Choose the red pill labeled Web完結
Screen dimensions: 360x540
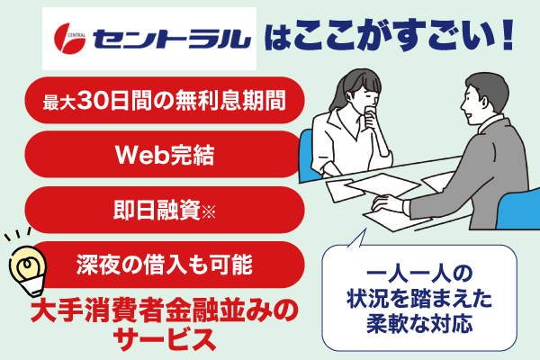tap(163, 155)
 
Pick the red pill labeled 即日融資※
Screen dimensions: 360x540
tap(163, 210)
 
